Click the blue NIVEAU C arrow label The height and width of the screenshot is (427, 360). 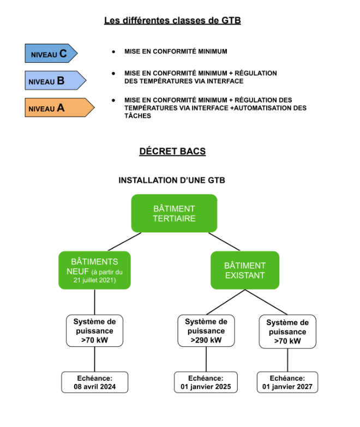coord(51,53)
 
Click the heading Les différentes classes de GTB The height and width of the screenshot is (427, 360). coord(172,21)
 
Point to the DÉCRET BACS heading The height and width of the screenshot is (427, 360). coord(172,151)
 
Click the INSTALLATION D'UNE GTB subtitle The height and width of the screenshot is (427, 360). coord(172,180)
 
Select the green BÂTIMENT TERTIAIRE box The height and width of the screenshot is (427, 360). coord(174,213)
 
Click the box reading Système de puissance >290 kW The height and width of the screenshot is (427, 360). coord(206,330)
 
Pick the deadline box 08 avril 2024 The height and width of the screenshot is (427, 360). coord(94,382)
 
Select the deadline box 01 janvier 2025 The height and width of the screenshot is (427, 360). coord(206,382)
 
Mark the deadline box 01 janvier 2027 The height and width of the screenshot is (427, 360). coord(287,382)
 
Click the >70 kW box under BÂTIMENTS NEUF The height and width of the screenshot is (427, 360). coord(94,330)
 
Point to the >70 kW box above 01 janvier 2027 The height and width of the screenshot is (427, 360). coord(287,332)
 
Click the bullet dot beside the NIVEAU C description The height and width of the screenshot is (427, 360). coord(113,52)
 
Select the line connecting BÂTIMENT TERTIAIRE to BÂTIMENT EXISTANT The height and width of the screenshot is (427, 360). coord(224,242)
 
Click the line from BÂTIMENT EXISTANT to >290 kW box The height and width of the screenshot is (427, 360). coord(225,302)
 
